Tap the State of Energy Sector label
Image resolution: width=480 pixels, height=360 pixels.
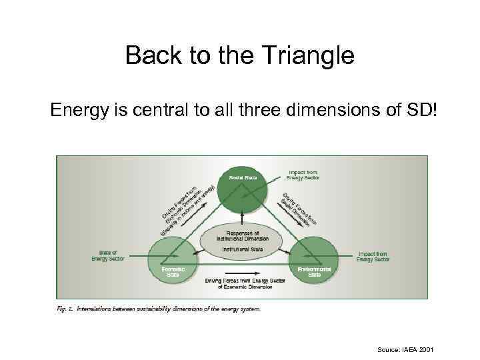109,255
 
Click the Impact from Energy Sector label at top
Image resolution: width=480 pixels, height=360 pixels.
303,175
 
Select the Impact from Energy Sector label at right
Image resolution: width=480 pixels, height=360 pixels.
373,256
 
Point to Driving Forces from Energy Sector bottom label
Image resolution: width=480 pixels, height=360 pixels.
245,283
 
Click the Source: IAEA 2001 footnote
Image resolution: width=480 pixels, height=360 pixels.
405,349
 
